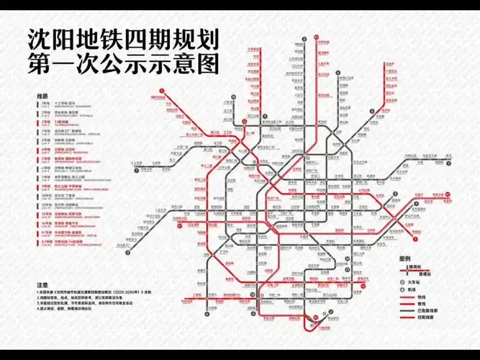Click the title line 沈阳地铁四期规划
[122, 38]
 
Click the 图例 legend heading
[404, 258]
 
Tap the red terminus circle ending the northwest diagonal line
[163, 90]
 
